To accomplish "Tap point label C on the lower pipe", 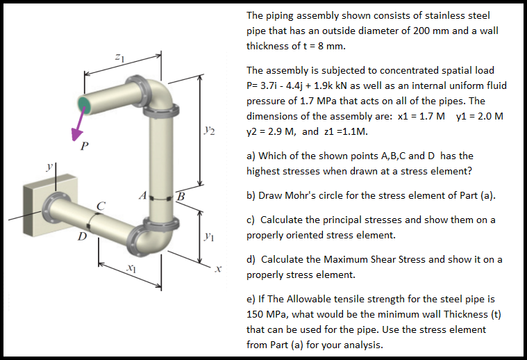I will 101,205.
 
